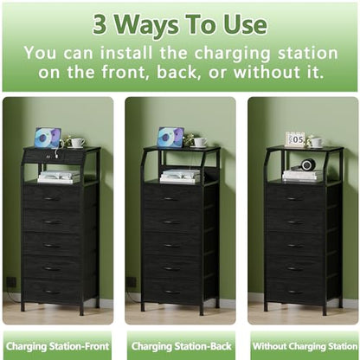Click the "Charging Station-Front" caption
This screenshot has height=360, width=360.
(57, 346)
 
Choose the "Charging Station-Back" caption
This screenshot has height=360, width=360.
(182, 346)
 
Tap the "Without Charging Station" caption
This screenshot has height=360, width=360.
(305, 346)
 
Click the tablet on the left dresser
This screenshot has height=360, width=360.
(48, 138)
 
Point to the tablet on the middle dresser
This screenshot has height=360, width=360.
(170, 138)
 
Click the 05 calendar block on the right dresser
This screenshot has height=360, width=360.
(295, 139)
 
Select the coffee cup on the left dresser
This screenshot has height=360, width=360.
(78, 143)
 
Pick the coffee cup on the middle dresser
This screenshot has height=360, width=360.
(201, 142)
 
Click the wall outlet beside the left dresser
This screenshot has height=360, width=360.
(11, 282)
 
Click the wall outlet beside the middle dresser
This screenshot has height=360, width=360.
(132, 282)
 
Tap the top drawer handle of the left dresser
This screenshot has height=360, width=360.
(53, 199)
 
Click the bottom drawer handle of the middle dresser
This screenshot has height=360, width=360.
(172, 292)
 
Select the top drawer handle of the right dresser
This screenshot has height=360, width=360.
(295, 199)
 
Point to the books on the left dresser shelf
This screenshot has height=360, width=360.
(59, 177)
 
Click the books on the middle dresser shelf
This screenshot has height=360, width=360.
(181, 176)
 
